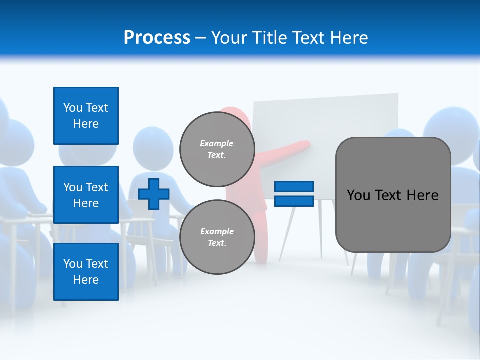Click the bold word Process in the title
coord(157,37)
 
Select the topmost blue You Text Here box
coord(86,116)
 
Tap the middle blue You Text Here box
coord(86,195)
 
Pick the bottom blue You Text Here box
coord(86,271)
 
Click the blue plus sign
coord(154,194)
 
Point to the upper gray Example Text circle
coord(217,149)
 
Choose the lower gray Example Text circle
coord(217,237)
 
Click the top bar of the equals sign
coord(294,186)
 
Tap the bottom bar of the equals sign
coord(294,201)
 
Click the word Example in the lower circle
coord(217,231)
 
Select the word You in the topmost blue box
coord(73,108)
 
